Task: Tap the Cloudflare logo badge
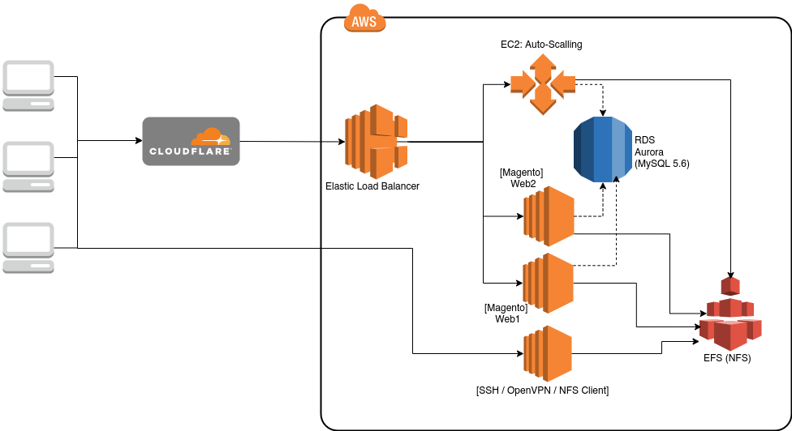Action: pos(191,141)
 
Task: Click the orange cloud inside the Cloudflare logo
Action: pos(210,136)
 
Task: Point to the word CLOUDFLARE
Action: pos(190,151)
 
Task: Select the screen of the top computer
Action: pos(28,78)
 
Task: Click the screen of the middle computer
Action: pos(28,159)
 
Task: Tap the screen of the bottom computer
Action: pos(28,240)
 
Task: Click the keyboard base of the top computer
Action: pos(28,105)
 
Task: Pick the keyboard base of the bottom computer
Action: pos(28,267)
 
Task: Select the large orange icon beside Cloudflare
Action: pos(376,142)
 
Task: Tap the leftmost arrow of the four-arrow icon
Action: pos(522,83)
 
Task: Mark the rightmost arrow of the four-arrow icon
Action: pos(564,83)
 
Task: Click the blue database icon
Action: pos(603,149)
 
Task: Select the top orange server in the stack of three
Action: pos(549,216)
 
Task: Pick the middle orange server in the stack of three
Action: pos(548,283)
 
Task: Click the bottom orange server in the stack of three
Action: pos(548,353)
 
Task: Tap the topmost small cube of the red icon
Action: pos(730,285)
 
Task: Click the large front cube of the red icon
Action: pos(730,335)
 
